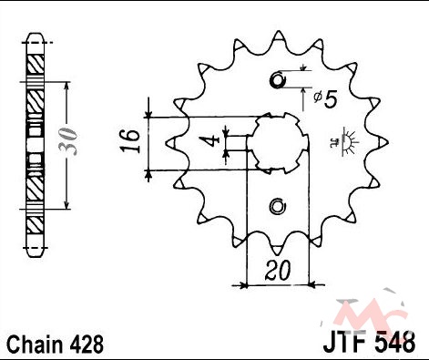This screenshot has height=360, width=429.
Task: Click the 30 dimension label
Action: (x=67, y=141)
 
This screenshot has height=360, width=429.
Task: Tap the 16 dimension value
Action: (x=130, y=141)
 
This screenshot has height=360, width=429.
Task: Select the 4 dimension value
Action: (x=213, y=140)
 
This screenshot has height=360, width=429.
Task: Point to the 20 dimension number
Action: (x=278, y=270)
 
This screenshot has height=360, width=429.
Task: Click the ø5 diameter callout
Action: (x=325, y=99)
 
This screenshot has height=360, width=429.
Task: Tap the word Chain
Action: (x=34, y=345)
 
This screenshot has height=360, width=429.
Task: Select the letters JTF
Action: (x=344, y=342)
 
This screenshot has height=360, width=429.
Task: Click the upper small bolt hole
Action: (x=278, y=80)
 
